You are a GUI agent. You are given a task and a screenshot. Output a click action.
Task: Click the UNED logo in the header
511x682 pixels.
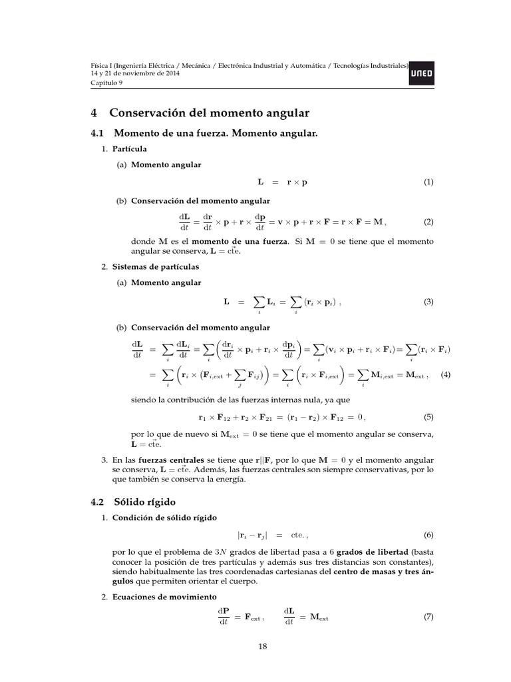tap(423, 75)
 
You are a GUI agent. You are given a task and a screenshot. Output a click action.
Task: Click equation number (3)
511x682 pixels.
tap(428, 302)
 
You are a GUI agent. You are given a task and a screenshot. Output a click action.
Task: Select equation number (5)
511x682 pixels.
tap(428, 418)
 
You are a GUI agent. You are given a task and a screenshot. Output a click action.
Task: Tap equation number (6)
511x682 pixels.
tap(428, 535)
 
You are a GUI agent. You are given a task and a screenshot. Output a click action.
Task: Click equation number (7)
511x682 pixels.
tap(428, 617)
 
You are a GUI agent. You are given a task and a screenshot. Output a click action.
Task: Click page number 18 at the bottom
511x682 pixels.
tap(262, 645)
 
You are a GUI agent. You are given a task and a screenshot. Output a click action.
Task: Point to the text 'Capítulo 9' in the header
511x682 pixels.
tap(107, 82)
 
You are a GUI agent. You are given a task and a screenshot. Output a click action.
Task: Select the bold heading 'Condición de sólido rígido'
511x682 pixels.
tap(160, 518)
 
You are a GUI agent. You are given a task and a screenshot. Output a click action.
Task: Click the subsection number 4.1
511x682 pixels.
tap(98, 134)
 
